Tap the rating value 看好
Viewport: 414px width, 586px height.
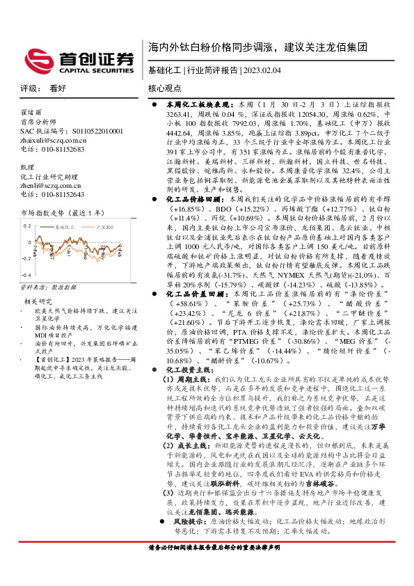tap(58, 88)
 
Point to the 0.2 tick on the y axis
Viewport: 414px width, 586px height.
tap(26, 225)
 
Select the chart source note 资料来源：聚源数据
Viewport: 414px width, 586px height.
tap(46, 286)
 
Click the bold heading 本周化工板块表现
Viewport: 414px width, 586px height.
tap(193, 103)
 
